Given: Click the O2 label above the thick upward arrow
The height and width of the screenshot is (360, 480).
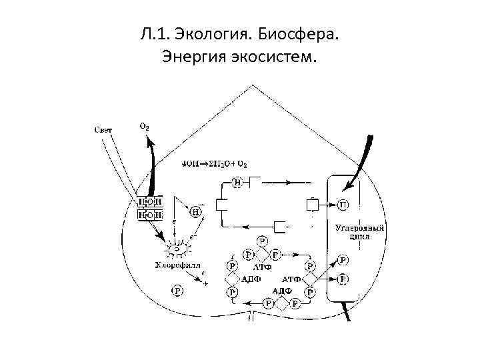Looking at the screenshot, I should point(144,125).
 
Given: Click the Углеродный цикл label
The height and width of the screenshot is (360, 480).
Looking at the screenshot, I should point(360,231).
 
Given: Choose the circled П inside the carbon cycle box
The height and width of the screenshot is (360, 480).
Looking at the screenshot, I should point(343,204).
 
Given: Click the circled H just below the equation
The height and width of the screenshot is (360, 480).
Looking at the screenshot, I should point(237,181).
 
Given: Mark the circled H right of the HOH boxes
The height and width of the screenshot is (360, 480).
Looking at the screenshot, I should point(196,211).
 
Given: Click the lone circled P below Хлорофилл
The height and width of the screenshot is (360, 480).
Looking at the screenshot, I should point(177,291).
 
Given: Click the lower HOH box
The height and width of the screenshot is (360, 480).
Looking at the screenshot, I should point(150,214).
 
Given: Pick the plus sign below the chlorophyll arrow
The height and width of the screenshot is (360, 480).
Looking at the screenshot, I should point(206,284).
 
